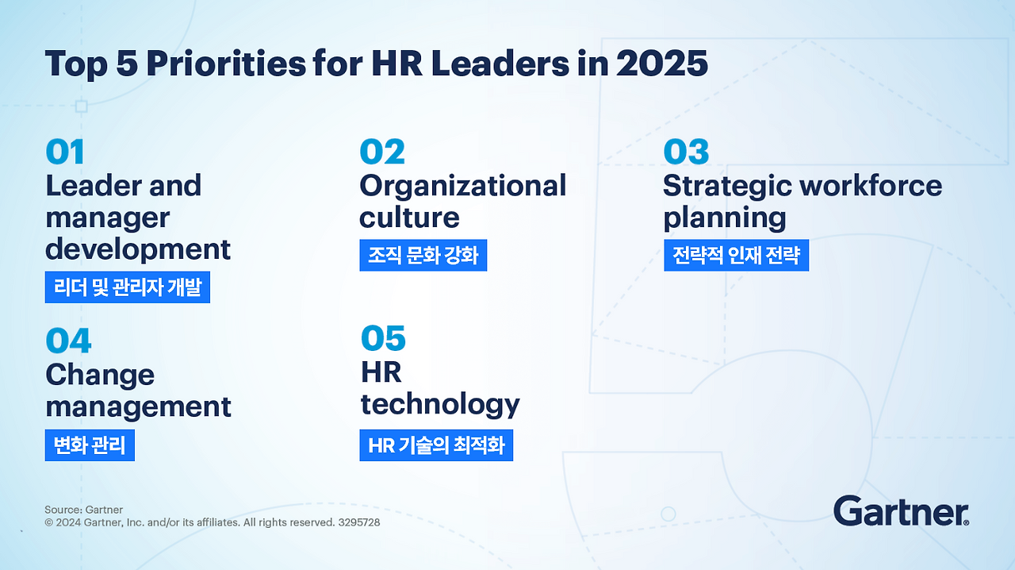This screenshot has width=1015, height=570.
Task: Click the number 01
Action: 65,152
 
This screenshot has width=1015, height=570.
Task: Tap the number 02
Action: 381,152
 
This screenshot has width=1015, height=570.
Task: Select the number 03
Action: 686,152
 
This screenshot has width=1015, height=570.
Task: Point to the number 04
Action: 68,341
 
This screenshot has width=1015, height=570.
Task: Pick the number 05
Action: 383,339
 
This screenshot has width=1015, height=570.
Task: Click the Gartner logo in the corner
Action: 901,511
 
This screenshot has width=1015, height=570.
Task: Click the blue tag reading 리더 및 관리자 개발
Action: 127,287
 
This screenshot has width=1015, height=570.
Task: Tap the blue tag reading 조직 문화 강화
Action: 423,256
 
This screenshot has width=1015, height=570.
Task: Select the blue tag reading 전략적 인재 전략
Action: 736,256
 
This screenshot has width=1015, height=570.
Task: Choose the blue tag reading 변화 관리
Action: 90,445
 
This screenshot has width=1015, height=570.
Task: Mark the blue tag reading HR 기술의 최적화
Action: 436,445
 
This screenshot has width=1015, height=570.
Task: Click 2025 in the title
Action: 661,64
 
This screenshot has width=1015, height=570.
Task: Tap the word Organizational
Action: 462,186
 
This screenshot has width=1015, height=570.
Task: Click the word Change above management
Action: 100,375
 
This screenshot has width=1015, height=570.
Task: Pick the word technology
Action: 440,405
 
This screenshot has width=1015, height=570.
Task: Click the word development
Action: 138,249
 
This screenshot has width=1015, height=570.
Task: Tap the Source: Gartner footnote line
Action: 83,510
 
